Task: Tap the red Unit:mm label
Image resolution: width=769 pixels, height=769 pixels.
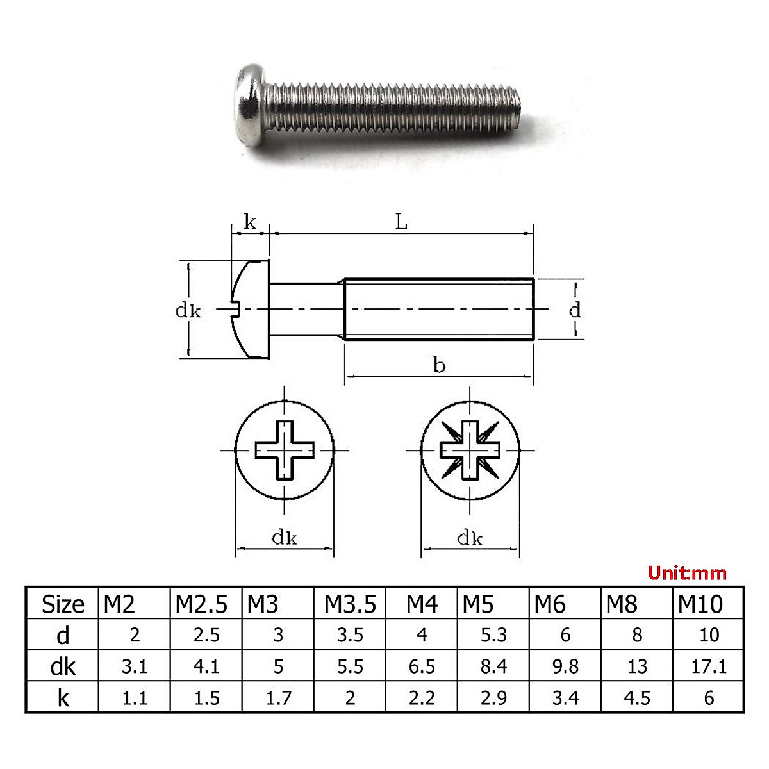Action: pos(687,574)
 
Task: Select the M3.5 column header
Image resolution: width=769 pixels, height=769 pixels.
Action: pos(350,604)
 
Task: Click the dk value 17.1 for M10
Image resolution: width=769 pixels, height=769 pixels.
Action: pos(709,667)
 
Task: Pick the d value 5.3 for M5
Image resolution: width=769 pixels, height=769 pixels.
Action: pos(493,635)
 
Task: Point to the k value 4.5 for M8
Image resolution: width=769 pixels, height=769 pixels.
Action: pos(637,699)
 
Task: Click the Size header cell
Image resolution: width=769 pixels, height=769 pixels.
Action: pos(63,604)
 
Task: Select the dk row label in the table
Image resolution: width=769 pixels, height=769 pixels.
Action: pos(63,667)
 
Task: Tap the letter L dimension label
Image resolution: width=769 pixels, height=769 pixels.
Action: pos(401,222)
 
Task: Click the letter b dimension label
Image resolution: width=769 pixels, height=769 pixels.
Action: pos(439,365)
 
